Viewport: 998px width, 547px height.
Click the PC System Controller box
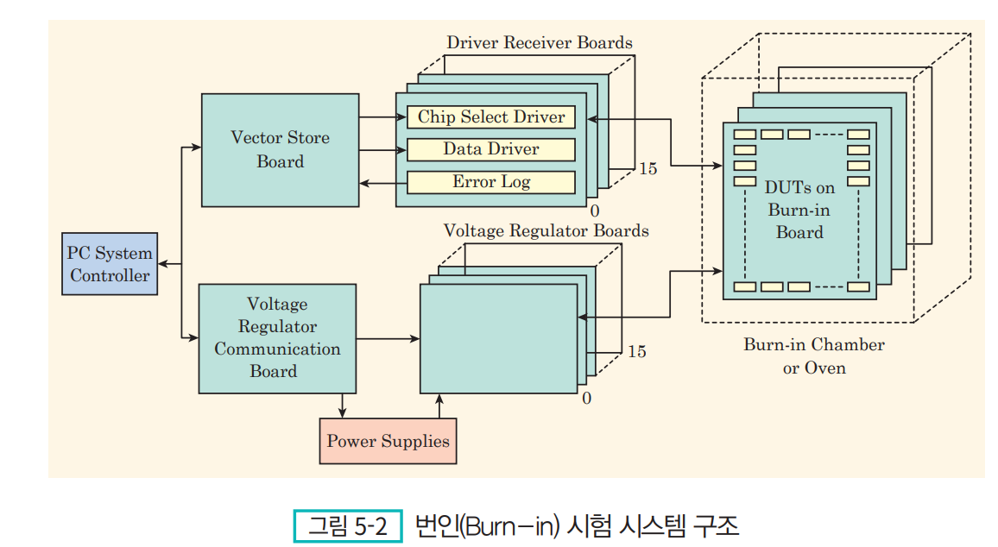[110, 264]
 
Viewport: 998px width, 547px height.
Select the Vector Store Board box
[280, 150]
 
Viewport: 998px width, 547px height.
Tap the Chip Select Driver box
[490, 117]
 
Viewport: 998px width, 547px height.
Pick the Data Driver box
[490, 149]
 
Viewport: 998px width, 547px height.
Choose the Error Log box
[490, 183]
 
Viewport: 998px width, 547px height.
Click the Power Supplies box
[388, 441]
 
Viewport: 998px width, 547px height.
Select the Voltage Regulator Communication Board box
[277, 338]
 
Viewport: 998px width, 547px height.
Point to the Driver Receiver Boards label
[540, 42]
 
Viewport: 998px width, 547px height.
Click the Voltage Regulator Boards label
[546, 230]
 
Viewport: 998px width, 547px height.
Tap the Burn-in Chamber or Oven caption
[814, 356]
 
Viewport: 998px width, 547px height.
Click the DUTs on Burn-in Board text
[799, 210]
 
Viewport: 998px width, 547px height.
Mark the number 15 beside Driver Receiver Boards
[648, 168]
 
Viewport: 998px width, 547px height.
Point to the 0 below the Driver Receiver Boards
[595, 211]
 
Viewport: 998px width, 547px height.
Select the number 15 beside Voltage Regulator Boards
[637, 351]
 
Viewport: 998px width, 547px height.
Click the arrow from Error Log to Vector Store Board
[383, 183]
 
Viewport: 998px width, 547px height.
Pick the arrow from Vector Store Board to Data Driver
[383, 150]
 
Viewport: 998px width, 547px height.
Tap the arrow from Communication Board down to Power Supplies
[343, 406]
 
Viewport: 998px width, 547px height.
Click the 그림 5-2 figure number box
[348, 526]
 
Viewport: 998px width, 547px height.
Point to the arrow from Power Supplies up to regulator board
[439, 406]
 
